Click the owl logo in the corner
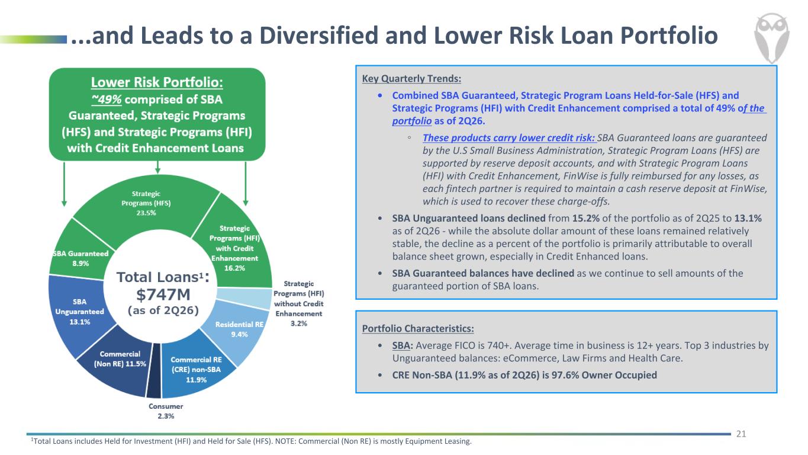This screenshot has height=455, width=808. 771,37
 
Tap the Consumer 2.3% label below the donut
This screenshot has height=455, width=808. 166,411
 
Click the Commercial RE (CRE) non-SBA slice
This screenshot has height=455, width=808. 196,369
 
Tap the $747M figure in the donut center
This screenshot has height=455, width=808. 163,294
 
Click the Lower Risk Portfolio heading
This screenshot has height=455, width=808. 157,82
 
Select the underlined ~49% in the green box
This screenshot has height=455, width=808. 107,100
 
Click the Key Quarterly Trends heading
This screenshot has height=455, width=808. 411,78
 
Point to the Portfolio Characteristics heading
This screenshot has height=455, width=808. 418,329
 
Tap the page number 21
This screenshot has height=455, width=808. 741,434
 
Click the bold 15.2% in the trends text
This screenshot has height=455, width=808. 586,219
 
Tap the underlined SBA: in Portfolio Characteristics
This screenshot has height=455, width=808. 403,345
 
